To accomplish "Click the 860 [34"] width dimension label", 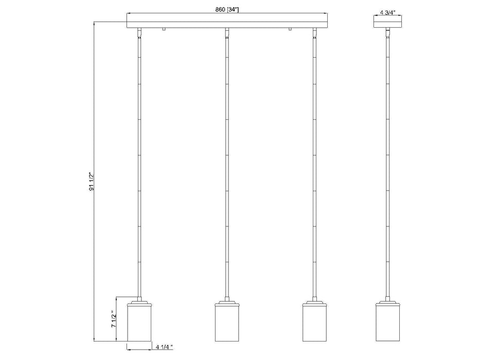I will pos(226,10).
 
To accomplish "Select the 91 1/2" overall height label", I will pos(92,181).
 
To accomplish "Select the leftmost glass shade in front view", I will pos(139,322).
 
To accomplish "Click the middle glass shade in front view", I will pos(227,322).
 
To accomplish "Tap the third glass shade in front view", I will pos(314,322).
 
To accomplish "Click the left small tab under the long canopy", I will pos(163,30).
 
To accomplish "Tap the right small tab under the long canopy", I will pos(290,30).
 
